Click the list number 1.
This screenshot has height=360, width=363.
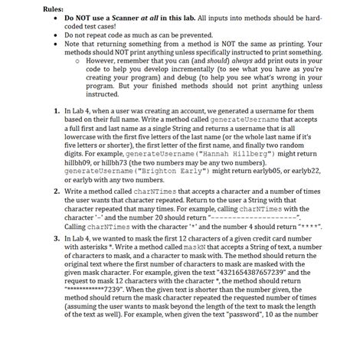point(58,112)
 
